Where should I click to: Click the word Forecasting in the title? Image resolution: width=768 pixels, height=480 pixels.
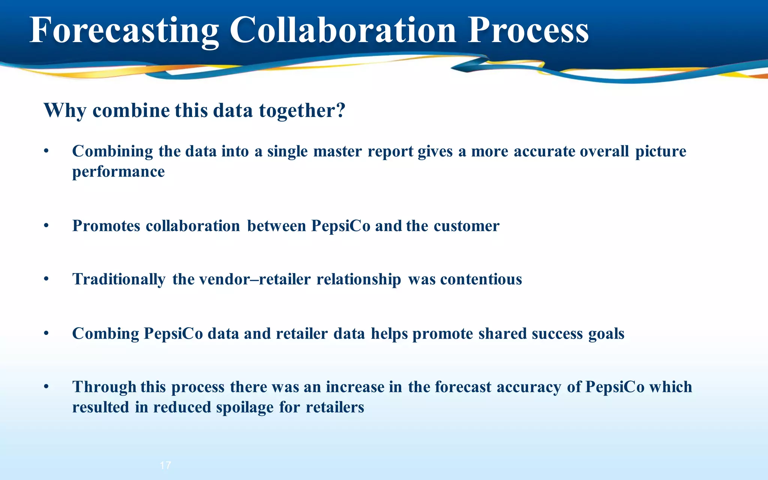[124, 31]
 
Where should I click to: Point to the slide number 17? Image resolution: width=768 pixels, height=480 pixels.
[165, 465]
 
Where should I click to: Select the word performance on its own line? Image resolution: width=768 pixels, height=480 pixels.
[118, 172]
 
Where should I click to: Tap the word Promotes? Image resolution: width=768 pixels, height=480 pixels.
[106, 226]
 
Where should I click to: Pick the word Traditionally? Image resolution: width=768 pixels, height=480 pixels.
[118, 280]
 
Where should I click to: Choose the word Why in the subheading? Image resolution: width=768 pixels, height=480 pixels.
[65, 111]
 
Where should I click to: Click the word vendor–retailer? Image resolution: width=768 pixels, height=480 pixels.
[255, 279]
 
